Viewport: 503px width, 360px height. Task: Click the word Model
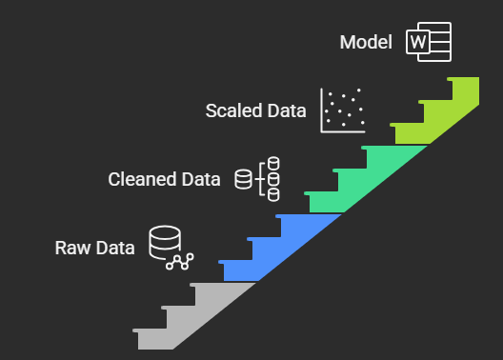point(366,42)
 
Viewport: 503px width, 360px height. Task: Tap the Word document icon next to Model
point(428,42)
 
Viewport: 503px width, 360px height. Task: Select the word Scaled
point(233,110)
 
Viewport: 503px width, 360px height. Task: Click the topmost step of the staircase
point(464,87)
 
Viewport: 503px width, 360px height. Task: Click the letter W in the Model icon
point(416,42)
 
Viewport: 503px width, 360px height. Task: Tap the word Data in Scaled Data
point(286,110)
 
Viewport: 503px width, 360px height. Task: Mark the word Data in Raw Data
point(114,249)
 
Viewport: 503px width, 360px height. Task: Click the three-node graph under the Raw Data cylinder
point(179,260)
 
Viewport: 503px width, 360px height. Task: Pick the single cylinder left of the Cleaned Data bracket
point(243,178)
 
